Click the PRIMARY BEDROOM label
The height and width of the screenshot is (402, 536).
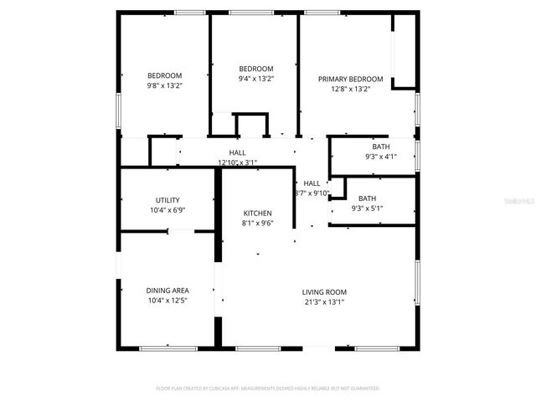(x=350, y=79)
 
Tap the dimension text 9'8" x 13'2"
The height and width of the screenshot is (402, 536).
(x=165, y=85)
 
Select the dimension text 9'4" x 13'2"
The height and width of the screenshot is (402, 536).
(x=256, y=79)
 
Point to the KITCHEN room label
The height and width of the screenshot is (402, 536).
(x=257, y=214)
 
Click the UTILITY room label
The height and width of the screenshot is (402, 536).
(x=167, y=200)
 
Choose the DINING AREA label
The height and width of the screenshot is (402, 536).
(x=167, y=290)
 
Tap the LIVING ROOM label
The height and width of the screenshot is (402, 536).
(x=324, y=292)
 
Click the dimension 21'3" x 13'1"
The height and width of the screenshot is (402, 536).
(x=324, y=302)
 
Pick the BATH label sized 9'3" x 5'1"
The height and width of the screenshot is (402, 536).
(x=368, y=198)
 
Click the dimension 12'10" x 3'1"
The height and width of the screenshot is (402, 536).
(x=238, y=162)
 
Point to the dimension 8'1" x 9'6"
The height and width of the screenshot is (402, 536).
(x=257, y=224)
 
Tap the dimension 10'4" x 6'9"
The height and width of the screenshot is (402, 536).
(x=167, y=210)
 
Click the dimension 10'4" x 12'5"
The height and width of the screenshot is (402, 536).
(x=167, y=300)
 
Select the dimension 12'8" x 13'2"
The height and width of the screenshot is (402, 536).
(x=350, y=88)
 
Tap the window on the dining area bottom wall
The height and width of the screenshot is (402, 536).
(x=168, y=348)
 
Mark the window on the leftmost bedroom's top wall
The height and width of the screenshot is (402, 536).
(x=190, y=12)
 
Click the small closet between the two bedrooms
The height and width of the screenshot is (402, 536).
(x=250, y=126)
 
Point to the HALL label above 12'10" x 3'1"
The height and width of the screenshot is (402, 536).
(x=238, y=152)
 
